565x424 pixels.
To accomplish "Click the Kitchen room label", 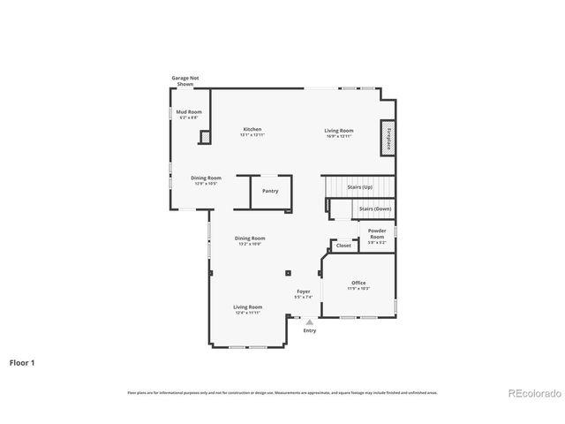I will click(x=252, y=129).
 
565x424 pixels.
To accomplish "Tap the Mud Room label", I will click(x=189, y=112).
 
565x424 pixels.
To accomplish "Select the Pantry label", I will click(x=270, y=191).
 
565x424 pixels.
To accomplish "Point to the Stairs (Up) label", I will click(x=359, y=187).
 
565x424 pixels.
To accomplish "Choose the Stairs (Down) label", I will click(x=374, y=209).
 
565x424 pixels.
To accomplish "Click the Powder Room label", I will click(x=377, y=234).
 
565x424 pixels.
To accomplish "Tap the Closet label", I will click(x=343, y=246).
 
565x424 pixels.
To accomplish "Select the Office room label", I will click(x=358, y=283).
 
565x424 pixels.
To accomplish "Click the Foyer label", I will click(x=303, y=291).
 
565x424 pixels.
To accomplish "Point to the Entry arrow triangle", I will click(x=309, y=322).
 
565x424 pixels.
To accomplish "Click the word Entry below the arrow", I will click(x=309, y=330).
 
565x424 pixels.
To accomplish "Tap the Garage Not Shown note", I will click(x=185, y=80).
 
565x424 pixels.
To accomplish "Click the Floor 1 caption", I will click(x=23, y=362).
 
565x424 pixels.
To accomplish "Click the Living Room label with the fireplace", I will click(x=339, y=131).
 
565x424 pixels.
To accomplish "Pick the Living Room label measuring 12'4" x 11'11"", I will click(x=248, y=307).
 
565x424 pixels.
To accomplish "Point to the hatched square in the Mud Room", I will click(x=205, y=137).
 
